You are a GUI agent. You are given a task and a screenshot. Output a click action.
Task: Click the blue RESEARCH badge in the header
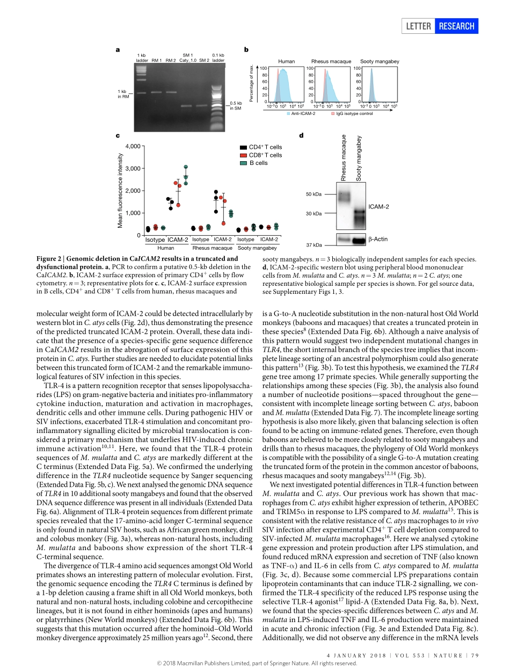(456, 26)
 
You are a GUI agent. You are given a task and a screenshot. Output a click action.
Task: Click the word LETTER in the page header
(418, 26)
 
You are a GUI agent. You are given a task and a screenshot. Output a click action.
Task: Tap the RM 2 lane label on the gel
(171, 61)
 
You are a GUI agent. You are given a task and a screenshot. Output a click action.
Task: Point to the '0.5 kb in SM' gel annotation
(236, 106)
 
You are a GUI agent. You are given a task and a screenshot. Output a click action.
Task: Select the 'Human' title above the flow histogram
(286, 62)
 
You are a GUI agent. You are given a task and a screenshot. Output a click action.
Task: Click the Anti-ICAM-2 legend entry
(301, 114)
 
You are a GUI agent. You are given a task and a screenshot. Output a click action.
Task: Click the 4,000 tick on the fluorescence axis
(133, 146)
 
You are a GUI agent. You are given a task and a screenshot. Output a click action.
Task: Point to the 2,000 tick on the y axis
(133, 191)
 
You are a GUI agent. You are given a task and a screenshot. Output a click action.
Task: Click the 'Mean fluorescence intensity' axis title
(120, 190)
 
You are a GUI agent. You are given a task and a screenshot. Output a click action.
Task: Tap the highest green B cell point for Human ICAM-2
(186, 167)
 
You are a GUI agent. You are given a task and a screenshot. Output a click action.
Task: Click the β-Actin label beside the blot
(378, 239)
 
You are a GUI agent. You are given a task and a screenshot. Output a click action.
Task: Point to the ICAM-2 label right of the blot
(378, 206)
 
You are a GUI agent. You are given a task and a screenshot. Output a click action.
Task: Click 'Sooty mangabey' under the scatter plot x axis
(257, 248)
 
